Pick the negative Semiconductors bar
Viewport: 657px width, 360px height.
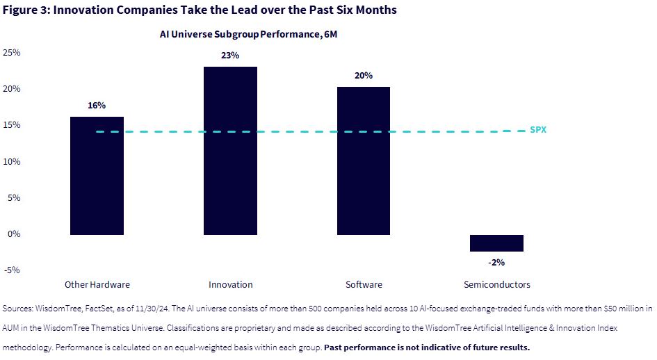pos(496,243)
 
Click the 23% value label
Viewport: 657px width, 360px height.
pos(230,56)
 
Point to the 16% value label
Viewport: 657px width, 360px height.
pos(97,106)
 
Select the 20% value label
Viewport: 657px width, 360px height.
pos(364,75)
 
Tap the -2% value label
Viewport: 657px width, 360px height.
pos(496,263)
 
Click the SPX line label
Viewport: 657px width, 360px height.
pos(538,129)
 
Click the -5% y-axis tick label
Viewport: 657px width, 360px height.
pos(12,270)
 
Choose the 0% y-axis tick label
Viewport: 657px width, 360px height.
pos(14,234)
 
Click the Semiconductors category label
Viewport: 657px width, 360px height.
pos(496,284)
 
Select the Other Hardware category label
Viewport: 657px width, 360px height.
pos(97,284)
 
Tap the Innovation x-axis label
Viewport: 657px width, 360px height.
pos(230,284)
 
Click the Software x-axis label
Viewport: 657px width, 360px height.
pos(364,284)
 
